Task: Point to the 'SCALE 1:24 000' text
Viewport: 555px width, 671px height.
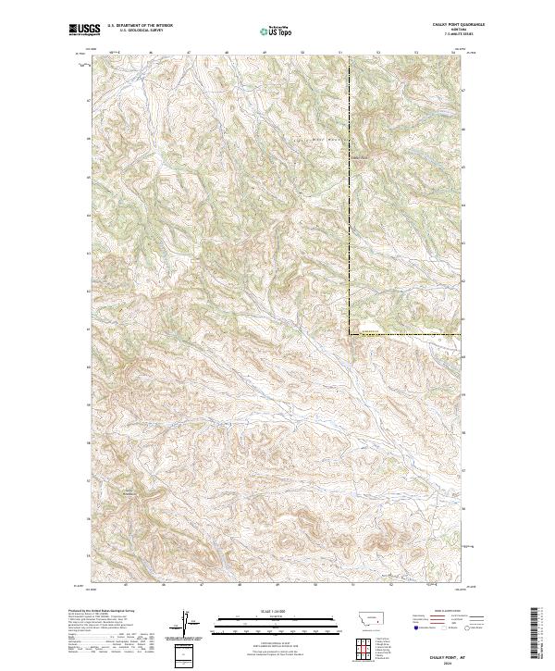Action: point(263,611)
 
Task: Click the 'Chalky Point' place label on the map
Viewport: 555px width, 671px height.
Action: point(362,155)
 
